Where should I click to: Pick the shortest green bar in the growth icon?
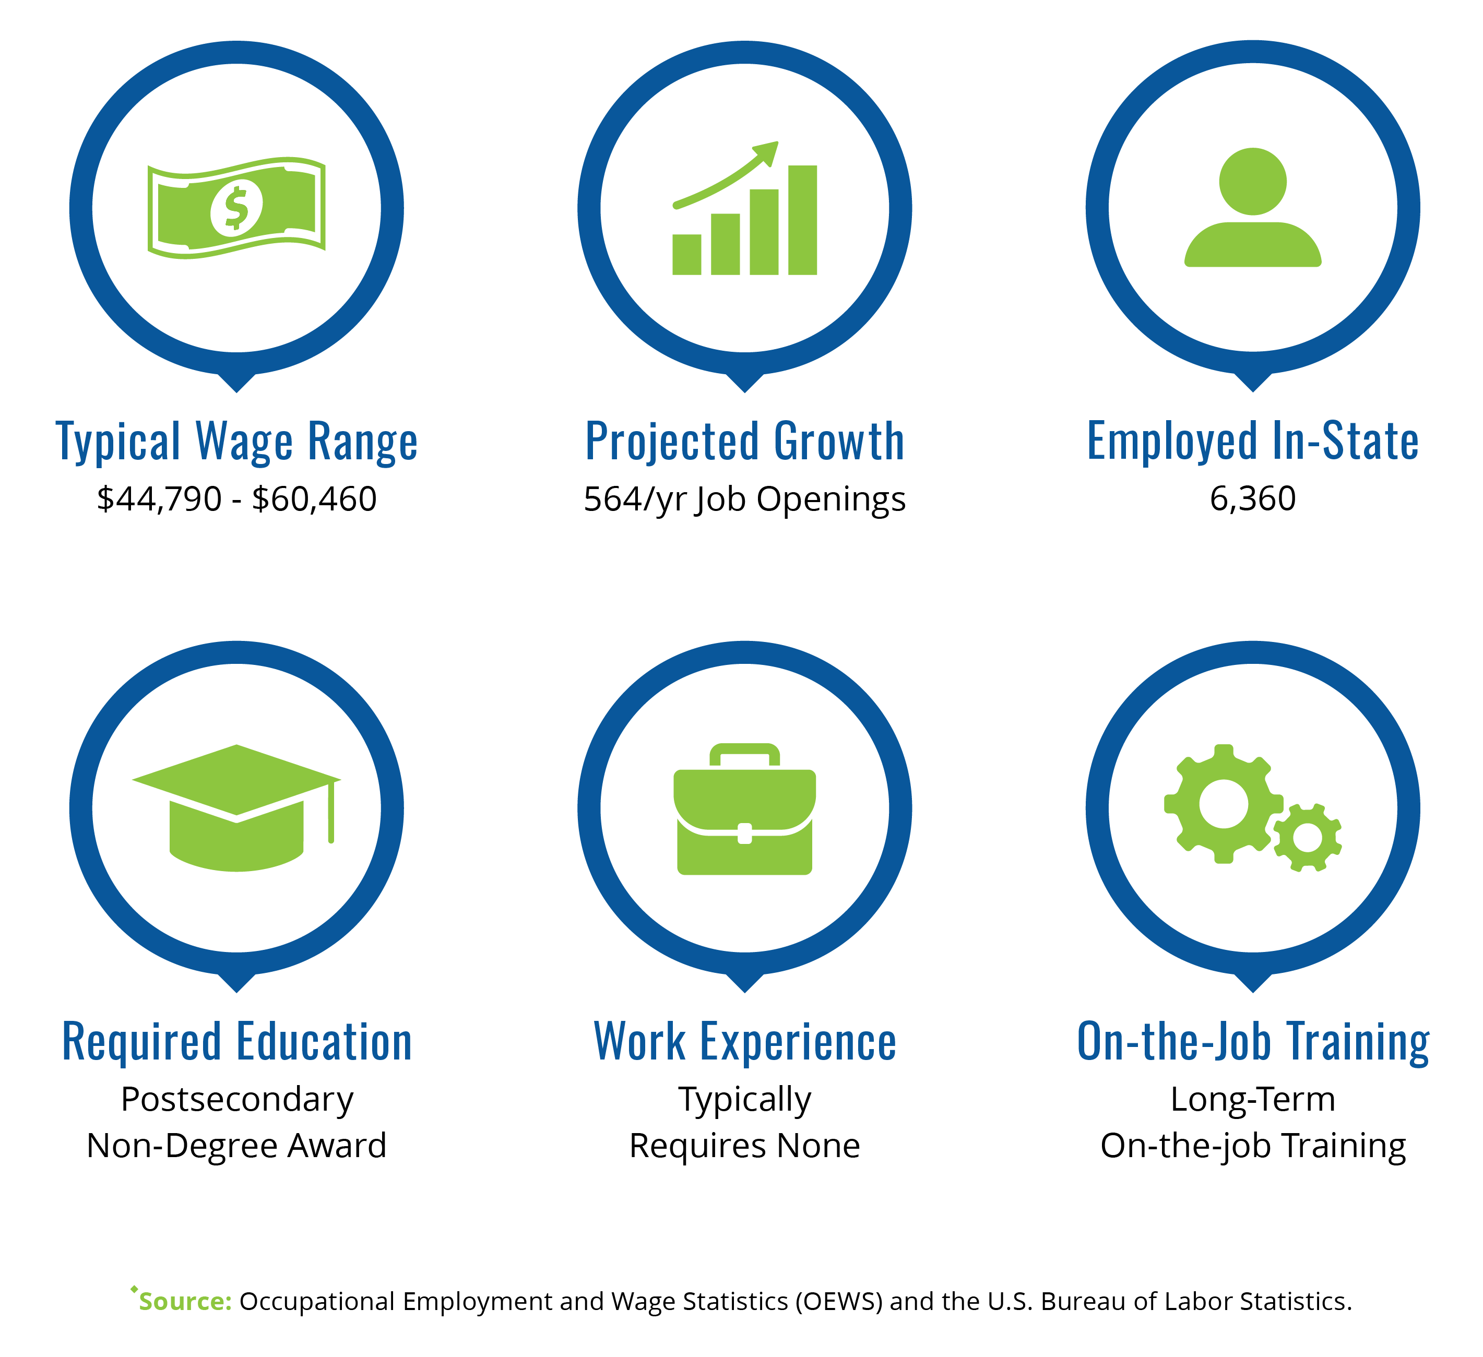(x=686, y=255)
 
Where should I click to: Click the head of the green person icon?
(x=1253, y=182)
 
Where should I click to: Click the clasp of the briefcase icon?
(x=744, y=834)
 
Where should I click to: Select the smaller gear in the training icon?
(x=1307, y=838)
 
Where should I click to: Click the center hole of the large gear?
(x=1224, y=804)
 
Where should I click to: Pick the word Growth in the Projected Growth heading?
(x=839, y=442)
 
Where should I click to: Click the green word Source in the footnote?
(x=185, y=1301)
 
